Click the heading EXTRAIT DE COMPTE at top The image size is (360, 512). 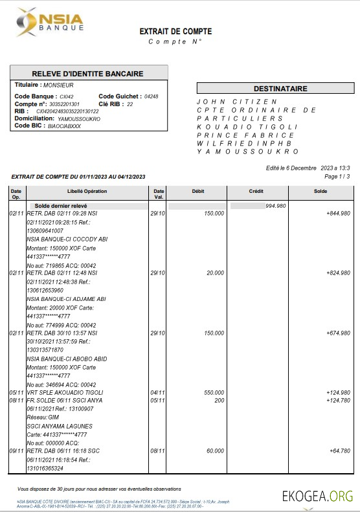(175, 31)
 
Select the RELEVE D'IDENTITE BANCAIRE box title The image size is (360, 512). (89, 72)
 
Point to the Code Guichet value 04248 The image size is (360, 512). (152, 96)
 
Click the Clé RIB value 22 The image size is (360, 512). (130, 104)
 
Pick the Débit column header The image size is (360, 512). (198, 192)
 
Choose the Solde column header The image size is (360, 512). (321, 192)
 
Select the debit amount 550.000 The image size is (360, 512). (214, 392)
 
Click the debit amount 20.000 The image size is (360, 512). (216, 274)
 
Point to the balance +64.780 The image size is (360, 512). (340, 451)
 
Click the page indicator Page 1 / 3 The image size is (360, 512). (337, 176)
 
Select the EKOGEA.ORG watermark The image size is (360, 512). (317, 496)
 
